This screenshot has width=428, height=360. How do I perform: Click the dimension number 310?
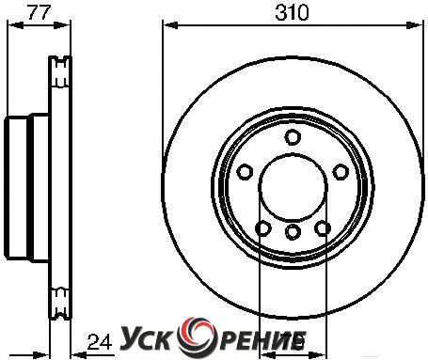[292, 13]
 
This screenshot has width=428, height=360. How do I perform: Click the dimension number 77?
[39, 12]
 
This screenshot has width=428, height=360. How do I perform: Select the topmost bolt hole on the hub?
[293, 137]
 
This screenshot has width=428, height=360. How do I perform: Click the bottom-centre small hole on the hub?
[293, 232]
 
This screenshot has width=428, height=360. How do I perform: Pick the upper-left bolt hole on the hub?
[245, 172]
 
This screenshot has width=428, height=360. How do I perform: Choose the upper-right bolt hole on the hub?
[341, 172]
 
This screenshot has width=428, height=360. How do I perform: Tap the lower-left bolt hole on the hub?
[263, 228]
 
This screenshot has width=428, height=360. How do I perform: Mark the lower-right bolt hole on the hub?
[323, 228]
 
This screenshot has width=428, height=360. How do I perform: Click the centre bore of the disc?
[293, 187]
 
